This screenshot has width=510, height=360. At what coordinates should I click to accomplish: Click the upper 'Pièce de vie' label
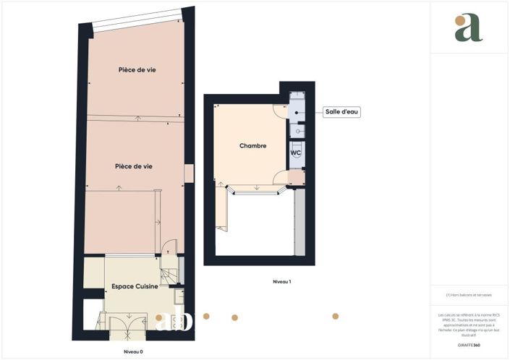[137, 69]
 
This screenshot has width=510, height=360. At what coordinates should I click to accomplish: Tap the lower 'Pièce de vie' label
[133, 166]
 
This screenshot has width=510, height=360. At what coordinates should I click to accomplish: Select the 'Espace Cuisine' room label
[135, 287]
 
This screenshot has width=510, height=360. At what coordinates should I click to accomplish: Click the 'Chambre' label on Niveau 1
[252, 146]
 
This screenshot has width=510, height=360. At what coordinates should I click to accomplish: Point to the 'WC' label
[295, 153]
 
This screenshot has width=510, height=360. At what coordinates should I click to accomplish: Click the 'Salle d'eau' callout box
[341, 112]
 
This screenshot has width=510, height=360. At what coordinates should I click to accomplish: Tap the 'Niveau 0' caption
[132, 351]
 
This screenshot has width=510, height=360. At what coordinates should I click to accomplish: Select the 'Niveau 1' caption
[281, 281]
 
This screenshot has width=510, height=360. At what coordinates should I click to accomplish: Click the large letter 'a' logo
[468, 27]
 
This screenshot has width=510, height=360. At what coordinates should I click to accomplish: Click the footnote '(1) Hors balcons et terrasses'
[469, 296]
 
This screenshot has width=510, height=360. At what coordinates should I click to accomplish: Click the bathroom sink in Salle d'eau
[298, 131]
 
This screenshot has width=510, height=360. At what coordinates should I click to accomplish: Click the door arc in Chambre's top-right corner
[280, 112]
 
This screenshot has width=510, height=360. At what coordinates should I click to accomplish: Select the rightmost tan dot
[336, 316]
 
